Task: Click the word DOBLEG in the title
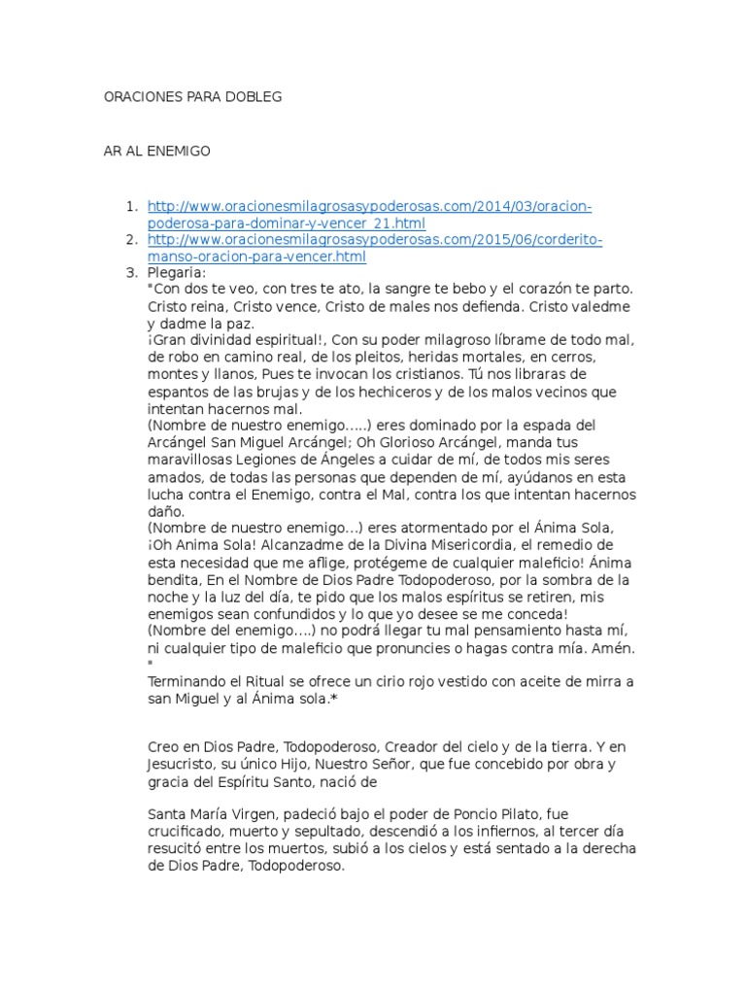[254, 98]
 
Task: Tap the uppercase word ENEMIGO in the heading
[180, 153]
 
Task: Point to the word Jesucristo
[184, 765]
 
